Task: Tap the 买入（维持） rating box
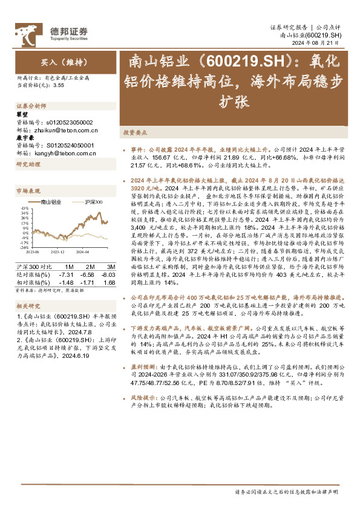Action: pos(58,62)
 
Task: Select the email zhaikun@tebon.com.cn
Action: pos(56,129)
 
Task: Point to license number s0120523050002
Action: pos(67,122)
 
